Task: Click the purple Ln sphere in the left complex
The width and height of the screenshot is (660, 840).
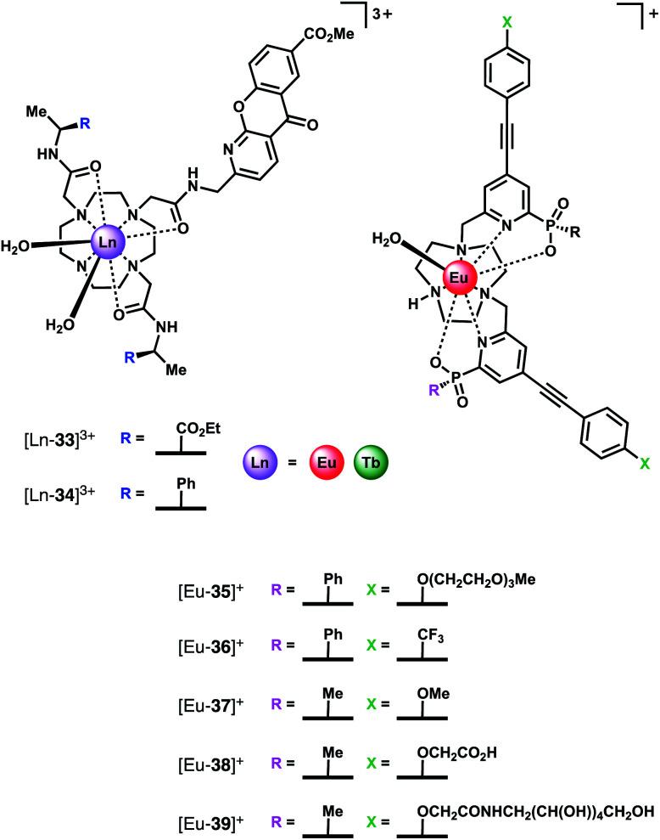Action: coord(103,244)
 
